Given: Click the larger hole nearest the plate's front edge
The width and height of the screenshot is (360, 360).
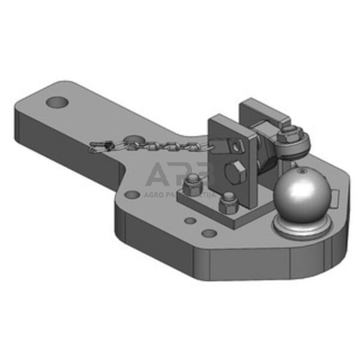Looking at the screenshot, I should coord(208,233).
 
